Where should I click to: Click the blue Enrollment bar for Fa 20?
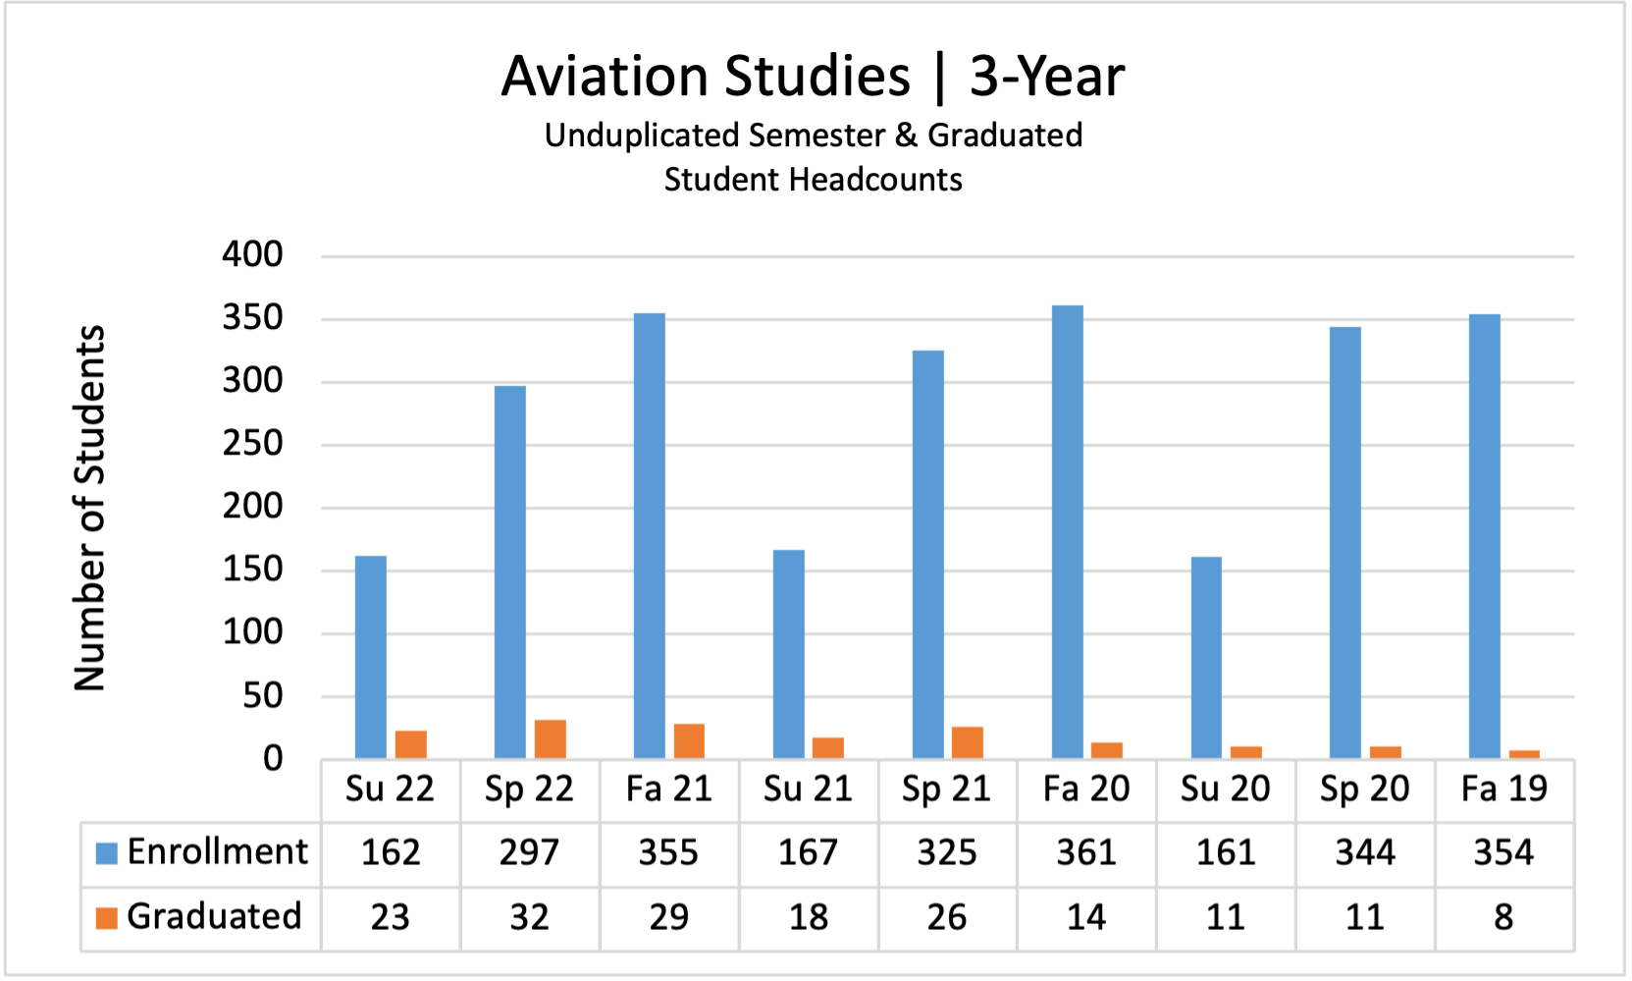(x=1067, y=531)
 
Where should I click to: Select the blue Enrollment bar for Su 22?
(x=370, y=657)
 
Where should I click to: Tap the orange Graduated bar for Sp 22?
(x=550, y=739)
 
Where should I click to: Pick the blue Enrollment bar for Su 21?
(x=788, y=654)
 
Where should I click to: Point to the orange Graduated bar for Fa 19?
(x=1524, y=754)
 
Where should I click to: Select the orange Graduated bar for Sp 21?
(x=967, y=742)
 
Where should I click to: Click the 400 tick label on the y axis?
(x=252, y=254)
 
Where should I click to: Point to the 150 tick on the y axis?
(x=252, y=570)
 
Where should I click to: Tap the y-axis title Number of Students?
(x=89, y=508)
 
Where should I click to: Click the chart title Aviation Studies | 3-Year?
(x=813, y=76)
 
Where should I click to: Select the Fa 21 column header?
(x=668, y=789)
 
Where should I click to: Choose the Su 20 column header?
(x=1225, y=789)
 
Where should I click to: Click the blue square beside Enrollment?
(x=106, y=852)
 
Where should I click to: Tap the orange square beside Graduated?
(x=106, y=917)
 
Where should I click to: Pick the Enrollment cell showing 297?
(x=529, y=852)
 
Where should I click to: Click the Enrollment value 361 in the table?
(x=1086, y=852)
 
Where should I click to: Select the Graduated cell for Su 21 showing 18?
(x=808, y=917)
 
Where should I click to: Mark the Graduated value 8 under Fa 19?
(x=1503, y=917)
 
